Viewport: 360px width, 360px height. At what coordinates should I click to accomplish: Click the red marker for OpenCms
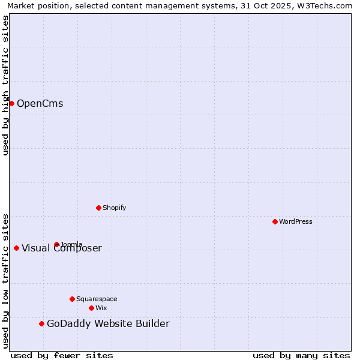pos(11,103)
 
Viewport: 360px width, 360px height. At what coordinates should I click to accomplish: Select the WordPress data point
pos(275,221)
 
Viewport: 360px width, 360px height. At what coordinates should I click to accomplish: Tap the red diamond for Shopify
pos(98,208)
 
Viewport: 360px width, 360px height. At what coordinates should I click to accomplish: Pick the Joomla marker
pos(56,244)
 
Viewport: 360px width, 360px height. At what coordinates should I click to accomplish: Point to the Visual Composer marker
pos(16,248)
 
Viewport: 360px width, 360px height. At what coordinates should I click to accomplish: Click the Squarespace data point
pos(72,299)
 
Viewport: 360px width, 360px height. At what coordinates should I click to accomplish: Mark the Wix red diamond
pos(91,308)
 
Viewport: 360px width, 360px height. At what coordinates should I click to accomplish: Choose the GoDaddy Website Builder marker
pos(41,323)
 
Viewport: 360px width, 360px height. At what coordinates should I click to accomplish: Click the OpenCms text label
pos(40,104)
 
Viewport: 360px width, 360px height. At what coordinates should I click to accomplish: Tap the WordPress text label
pos(296,221)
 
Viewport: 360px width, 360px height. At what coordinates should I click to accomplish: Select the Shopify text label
pos(114,208)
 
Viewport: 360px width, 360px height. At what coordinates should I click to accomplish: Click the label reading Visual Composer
pos(62,248)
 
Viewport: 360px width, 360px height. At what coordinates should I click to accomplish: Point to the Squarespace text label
pos(97,299)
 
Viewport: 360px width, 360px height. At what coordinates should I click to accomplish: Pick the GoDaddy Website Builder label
pos(108,324)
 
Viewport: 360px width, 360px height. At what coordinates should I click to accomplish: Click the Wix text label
pos(101,308)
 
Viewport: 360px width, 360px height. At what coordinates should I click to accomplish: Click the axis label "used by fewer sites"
pos(62,355)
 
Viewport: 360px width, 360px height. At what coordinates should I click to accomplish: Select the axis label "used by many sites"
pos(301,355)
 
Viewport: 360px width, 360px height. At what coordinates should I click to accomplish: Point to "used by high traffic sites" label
pos(6,85)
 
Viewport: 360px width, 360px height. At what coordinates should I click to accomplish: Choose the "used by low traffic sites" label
pos(6,280)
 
